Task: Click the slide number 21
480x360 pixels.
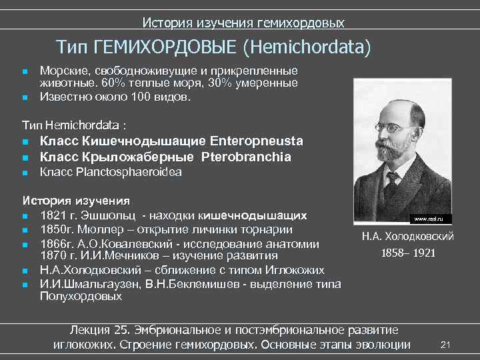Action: [x=447, y=344]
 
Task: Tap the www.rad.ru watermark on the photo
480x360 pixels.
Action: [x=427, y=219]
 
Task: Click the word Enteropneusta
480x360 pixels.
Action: [x=257, y=141]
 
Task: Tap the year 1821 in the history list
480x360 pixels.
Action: [x=53, y=216]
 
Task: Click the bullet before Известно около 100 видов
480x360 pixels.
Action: [x=25, y=97]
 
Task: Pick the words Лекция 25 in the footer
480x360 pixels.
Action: [x=99, y=331]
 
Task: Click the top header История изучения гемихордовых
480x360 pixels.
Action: [x=243, y=23]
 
